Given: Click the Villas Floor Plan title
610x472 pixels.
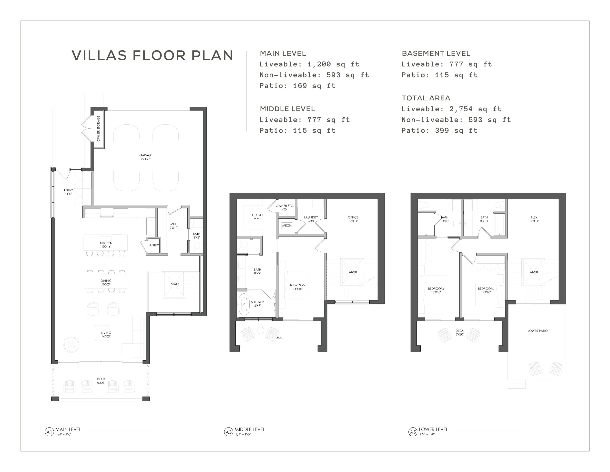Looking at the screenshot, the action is pyautogui.click(x=152, y=55).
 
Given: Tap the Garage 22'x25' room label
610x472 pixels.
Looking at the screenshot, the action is pyautogui.click(x=146, y=157).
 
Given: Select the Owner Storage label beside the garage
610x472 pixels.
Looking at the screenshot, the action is pyautogui.click(x=99, y=129).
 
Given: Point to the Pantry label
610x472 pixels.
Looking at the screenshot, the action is pyautogui.click(x=153, y=245).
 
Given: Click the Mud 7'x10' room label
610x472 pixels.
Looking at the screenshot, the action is pyautogui.click(x=174, y=226).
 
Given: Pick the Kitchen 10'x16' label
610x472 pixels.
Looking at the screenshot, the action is pyautogui.click(x=106, y=245).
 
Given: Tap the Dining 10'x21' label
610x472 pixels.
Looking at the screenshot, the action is pyautogui.click(x=106, y=282).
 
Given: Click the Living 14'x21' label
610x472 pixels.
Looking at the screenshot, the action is pyautogui.click(x=106, y=334).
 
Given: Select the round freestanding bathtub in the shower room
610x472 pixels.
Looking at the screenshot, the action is pyautogui.click(x=244, y=304).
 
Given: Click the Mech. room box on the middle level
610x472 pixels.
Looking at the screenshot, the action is pyautogui.click(x=287, y=226).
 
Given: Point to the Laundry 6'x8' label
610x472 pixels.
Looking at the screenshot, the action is pyautogui.click(x=311, y=219).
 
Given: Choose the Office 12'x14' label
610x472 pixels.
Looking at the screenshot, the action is pyautogui.click(x=353, y=219).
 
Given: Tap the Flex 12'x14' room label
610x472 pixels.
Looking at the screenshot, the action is pyautogui.click(x=534, y=219).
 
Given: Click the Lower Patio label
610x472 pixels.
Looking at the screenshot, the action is pyautogui.click(x=538, y=331).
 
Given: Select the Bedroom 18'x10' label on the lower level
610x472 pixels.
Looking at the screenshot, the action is pyautogui.click(x=436, y=290).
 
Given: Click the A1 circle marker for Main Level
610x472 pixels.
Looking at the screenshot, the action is pyautogui.click(x=49, y=432).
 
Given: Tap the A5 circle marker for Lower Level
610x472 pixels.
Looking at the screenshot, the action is pyautogui.click(x=413, y=432).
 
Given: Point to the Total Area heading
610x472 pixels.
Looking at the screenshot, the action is pyautogui.click(x=426, y=98).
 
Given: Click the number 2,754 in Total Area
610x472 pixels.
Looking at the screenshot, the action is pyautogui.click(x=461, y=109).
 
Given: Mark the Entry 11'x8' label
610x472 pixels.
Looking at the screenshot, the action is pyautogui.click(x=68, y=192).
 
